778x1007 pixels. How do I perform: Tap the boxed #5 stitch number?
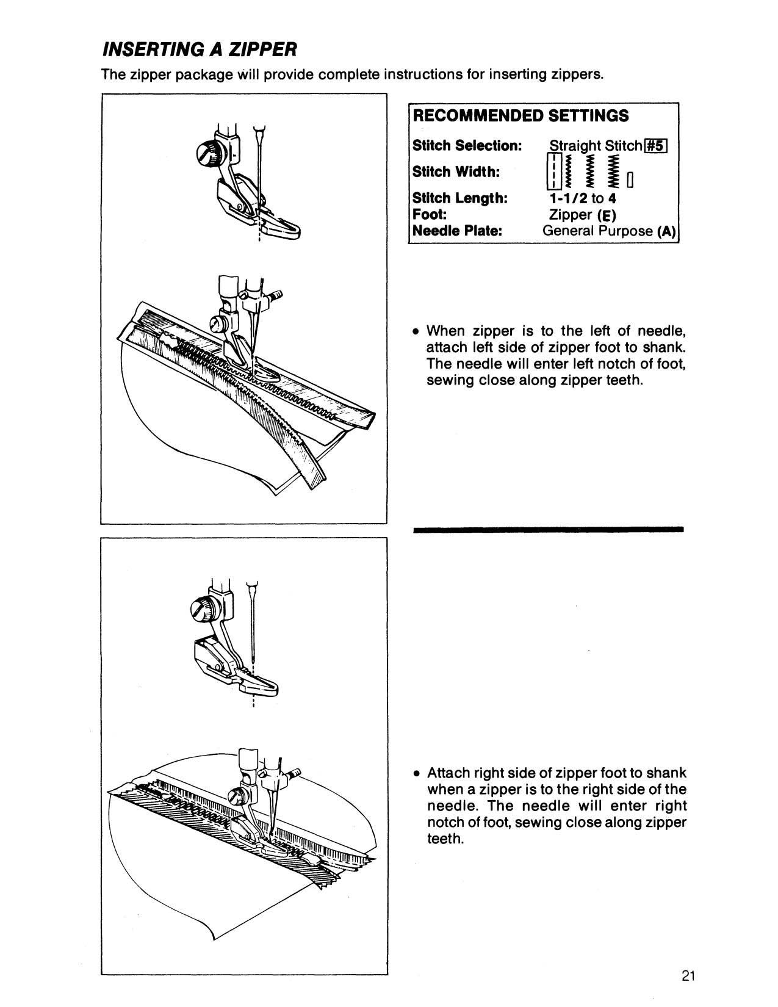656,146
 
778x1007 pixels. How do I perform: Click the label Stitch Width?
456,172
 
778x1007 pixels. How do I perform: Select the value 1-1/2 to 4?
582,198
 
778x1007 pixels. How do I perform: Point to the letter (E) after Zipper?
607,215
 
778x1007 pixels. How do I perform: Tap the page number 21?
688,975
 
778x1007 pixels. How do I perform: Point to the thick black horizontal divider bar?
548,530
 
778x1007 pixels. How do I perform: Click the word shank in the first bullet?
668,348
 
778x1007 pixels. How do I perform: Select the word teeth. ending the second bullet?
445,839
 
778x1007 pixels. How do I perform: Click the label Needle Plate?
457,231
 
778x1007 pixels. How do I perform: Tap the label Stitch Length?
460,198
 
